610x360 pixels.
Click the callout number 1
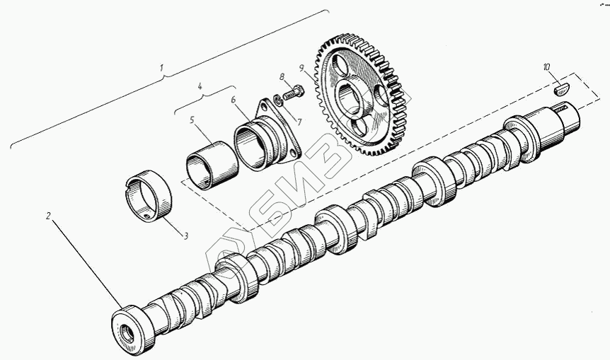pos(161,68)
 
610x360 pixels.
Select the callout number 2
pos(48,216)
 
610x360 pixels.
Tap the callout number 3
pos(186,236)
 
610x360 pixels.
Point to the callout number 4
pos(200,86)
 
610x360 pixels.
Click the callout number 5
pos(192,120)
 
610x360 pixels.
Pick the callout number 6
pos(233,100)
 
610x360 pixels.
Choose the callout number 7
pos(299,122)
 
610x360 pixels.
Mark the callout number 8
pos(282,76)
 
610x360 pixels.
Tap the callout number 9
pos(301,68)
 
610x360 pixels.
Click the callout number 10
pos(547,67)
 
